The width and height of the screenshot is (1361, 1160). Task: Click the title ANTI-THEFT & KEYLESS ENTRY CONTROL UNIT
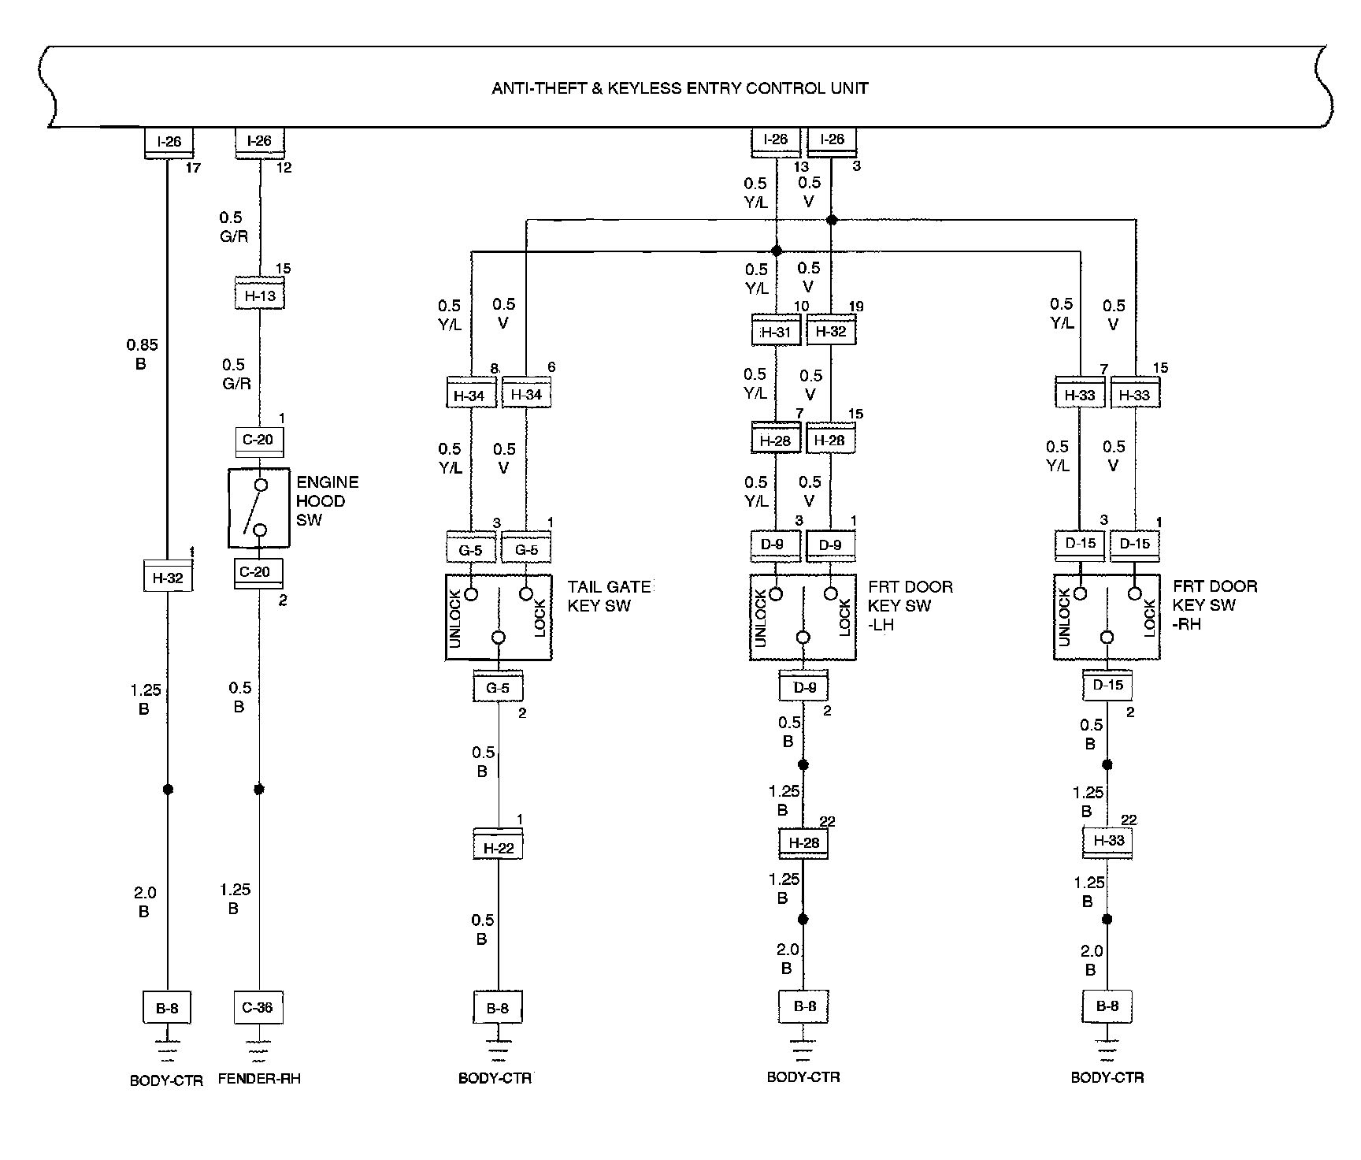680,87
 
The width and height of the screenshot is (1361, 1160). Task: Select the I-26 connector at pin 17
169,142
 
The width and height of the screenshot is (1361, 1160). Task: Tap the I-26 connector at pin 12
259,141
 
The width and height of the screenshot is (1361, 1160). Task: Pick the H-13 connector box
259,296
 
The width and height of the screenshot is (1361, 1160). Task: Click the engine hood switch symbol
259,508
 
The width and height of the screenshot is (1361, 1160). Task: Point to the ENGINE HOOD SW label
327,501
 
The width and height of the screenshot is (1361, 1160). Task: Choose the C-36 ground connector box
258,1007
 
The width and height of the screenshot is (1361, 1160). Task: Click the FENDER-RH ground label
259,1079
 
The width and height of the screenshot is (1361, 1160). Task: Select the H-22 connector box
498,847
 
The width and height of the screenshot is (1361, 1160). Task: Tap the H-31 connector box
776,332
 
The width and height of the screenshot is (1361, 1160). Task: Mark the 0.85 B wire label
142,354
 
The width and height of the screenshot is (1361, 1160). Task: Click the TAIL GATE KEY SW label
609,597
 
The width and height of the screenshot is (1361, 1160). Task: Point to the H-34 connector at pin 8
469,395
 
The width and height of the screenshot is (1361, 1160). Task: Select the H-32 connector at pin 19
831,332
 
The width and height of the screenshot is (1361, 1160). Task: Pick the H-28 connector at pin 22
803,842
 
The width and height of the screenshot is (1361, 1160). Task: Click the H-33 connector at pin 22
1108,840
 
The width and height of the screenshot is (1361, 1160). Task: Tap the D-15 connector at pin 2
1107,685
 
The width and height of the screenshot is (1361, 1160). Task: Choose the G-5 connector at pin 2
498,687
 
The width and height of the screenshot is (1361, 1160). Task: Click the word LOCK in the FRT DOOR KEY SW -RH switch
1149,618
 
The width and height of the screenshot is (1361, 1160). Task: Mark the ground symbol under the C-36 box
258,1050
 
